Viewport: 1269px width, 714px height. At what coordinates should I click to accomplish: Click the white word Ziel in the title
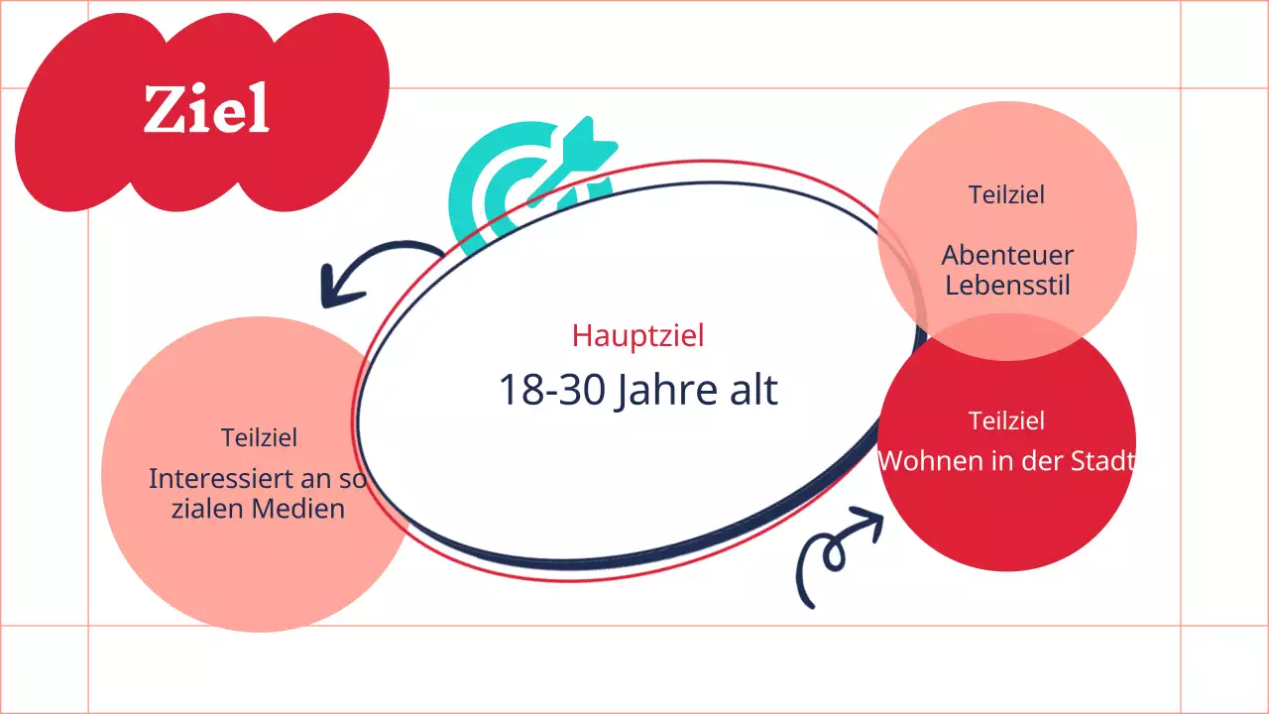point(206,109)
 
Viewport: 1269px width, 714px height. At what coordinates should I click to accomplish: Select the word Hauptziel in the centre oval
point(637,335)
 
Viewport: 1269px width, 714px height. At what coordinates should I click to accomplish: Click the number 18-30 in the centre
point(550,390)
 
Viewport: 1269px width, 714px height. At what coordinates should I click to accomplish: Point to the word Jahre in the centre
point(665,391)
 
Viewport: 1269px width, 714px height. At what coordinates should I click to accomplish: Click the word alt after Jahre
point(752,390)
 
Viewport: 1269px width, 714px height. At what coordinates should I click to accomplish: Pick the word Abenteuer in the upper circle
point(1007,255)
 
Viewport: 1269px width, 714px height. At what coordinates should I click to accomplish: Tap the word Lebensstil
point(1007,286)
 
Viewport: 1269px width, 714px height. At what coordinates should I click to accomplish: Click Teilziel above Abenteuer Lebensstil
point(1007,194)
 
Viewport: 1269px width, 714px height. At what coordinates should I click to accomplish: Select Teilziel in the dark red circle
point(1007,420)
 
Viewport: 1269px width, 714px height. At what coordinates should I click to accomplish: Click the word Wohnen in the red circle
point(922,461)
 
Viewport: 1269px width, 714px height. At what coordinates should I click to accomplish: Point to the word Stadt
point(1101,461)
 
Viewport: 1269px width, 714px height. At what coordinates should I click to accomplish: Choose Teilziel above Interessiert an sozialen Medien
point(259,437)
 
